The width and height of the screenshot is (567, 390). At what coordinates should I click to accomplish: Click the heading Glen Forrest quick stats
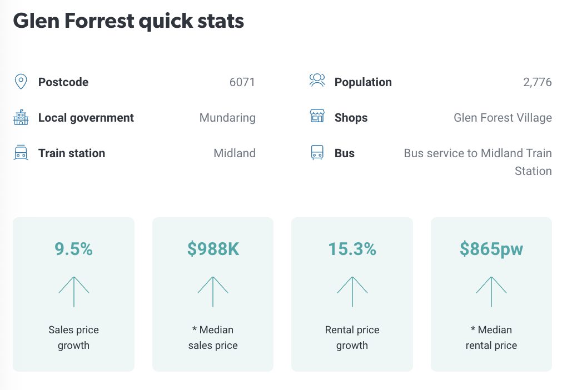click(x=128, y=21)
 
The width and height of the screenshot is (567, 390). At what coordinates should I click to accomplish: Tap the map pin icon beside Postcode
click(x=21, y=82)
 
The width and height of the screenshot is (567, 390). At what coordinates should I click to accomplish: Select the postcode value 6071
click(x=242, y=82)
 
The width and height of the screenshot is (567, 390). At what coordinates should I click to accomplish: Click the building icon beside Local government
click(x=21, y=118)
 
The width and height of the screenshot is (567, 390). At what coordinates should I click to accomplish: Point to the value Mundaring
click(x=227, y=118)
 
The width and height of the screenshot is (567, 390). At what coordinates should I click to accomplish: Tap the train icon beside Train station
click(x=21, y=153)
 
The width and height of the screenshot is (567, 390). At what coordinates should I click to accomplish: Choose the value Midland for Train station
click(x=235, y=153)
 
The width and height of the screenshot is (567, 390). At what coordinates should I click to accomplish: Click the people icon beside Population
click(x=317, y=81)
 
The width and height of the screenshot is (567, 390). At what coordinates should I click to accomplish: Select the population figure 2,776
click(x=537, y=82)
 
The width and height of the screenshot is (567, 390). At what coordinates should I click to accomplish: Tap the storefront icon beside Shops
click(x=317, y=117)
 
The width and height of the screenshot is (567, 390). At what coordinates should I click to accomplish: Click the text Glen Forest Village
click(x=503, y=118)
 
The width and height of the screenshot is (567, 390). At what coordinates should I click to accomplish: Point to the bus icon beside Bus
click(x=317, y=153)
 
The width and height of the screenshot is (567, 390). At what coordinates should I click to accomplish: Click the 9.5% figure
click(x=73, y=249)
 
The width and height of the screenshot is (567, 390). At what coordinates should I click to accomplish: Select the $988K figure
click(x=213, y=249)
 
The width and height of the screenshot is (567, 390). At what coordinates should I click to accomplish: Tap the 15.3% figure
click(x=352, y=249)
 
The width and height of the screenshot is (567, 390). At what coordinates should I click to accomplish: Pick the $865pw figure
click(x=491, y=249)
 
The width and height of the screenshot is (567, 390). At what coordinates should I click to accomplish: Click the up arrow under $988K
click(x=213, y=292)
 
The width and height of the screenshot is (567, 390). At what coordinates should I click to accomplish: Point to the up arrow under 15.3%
click(x=352, y=292)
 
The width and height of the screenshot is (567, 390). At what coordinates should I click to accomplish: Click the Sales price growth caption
click(x=73, y=337)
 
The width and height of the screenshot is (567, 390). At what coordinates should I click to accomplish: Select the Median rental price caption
click(x=491, y=337)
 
